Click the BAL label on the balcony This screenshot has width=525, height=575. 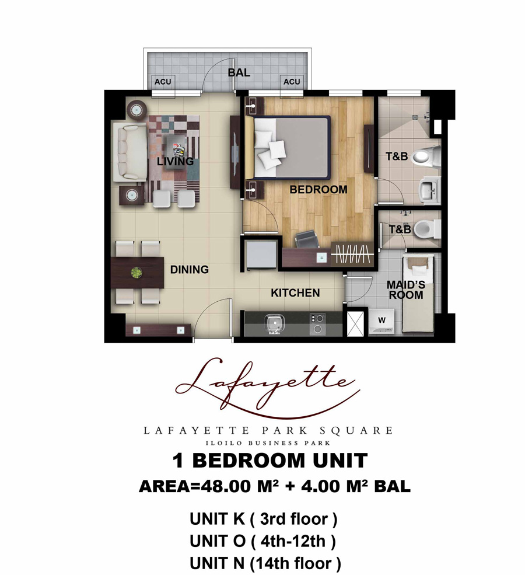[x=239, y=72]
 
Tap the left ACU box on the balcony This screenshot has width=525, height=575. [x=163, y=82]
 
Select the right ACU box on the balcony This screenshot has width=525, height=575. [x=292, y=82]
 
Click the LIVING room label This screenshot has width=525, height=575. [x=175, y=161]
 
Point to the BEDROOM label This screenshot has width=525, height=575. [x=318, y=190]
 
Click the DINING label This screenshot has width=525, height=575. [x=190, y=270]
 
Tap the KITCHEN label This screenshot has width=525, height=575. [x=295, y=292]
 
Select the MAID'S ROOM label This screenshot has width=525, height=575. [x=406, y=290]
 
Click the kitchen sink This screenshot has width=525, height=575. [x=274, y=324]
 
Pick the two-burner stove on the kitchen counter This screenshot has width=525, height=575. [x=318, y=324]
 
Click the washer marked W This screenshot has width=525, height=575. [x=381, y=321]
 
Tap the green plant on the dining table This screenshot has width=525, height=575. [x=136, y=273]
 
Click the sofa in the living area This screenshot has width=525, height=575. [x=125, y=152]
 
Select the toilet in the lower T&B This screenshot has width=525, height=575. [x=429, y=228]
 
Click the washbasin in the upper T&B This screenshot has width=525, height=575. [x=430, y=190]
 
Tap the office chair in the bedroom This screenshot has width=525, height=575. [x=307, y=239]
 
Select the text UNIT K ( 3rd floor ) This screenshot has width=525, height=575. [x=264, y=519]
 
